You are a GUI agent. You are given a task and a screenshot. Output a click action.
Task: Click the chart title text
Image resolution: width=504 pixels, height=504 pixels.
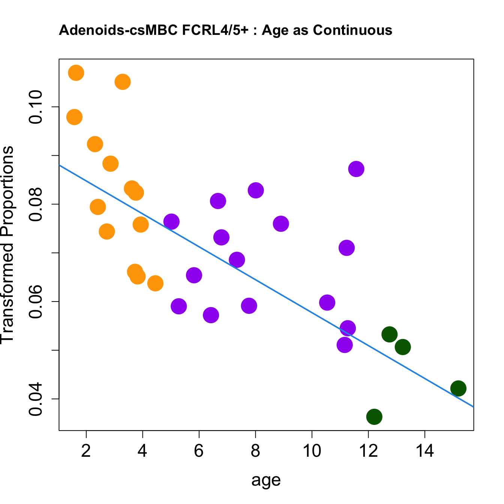click(x=225, y=30)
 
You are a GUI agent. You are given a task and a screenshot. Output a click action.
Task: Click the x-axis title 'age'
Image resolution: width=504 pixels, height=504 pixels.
click(x=266, y=480)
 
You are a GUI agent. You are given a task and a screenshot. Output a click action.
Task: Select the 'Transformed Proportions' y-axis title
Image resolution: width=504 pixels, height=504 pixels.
click(x=7, y=244)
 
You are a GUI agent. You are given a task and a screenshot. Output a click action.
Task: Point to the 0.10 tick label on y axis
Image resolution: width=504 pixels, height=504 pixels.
click(x=36, y=107)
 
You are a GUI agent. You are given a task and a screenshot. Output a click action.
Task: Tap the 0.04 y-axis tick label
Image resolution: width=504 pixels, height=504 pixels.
click(x=36, y=399)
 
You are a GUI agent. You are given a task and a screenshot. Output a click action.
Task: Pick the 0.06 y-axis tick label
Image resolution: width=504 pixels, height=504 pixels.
click(x=36, y=301)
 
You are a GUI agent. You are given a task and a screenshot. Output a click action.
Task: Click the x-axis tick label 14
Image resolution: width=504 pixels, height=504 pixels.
click(x=425, y=451)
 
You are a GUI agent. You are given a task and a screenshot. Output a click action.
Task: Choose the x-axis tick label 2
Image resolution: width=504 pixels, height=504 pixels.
click(x=86, y=451)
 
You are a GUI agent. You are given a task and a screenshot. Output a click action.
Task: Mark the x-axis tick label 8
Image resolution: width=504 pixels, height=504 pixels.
click(x=255, y=451)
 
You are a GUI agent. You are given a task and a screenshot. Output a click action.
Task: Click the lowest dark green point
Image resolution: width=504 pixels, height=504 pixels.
click(x=374, y=416)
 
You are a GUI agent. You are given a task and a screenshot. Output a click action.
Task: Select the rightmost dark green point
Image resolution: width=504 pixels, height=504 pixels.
click(x=458, y=388)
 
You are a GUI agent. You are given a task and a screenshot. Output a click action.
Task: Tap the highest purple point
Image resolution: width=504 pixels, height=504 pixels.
click(x=356, y=169)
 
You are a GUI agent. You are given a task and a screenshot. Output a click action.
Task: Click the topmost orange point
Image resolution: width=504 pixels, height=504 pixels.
click(x=76, y=72)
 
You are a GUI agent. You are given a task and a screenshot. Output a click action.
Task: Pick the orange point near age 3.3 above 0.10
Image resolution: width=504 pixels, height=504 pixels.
click(x=122, y=82)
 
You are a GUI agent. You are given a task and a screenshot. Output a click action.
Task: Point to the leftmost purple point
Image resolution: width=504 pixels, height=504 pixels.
click(x=171, y=222)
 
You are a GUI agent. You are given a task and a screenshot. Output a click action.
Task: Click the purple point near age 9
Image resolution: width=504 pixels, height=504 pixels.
click(x=281, y=224)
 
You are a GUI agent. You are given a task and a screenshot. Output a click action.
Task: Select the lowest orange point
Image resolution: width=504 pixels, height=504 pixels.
click(x=155, y=283)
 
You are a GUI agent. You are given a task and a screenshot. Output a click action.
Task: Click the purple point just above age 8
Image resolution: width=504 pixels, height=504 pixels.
click(x=256, y=190)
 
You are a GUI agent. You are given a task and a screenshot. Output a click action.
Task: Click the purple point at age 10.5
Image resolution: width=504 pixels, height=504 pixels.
click(x=327, y=302)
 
